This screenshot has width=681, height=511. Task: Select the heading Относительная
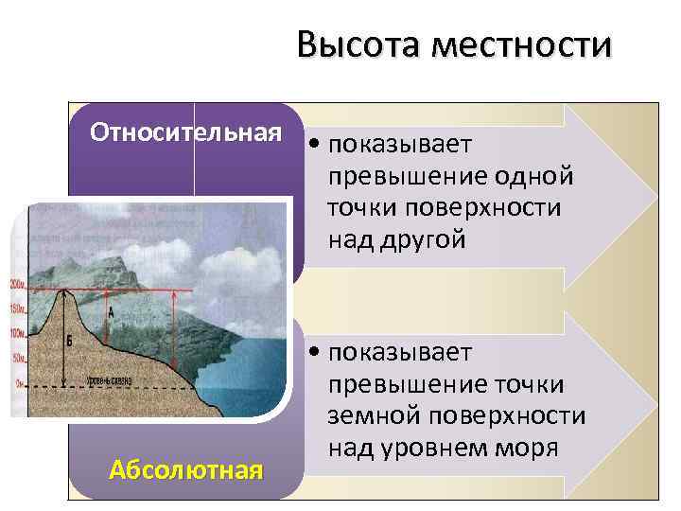point(186,132)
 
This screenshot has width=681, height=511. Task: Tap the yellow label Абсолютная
point(185,469)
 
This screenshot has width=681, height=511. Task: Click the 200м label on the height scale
point(18,285)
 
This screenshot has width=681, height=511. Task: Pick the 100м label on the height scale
point(18,333)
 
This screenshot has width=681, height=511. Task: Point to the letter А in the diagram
point(112,311)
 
